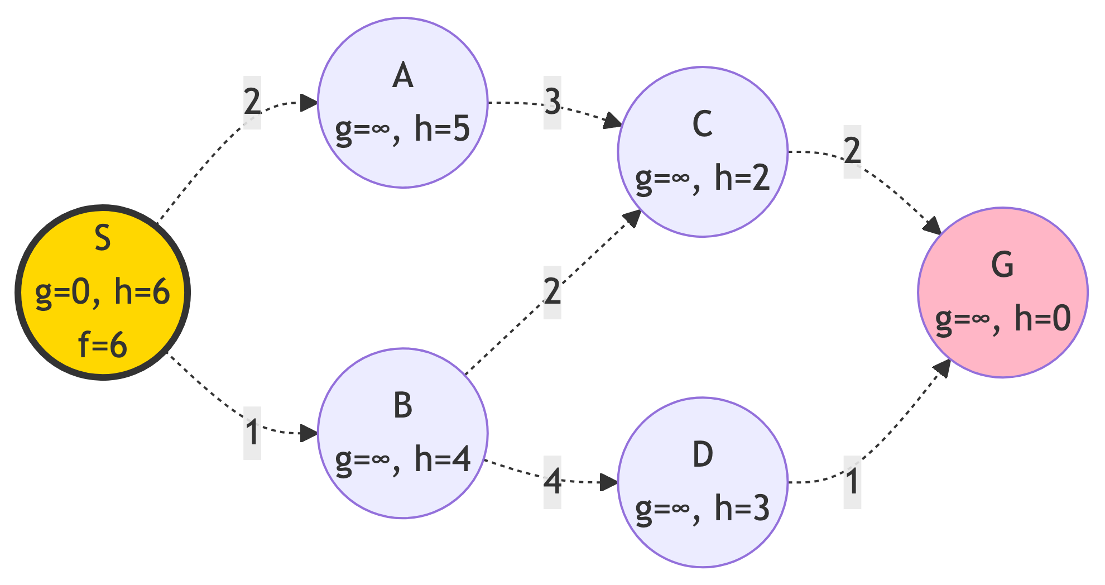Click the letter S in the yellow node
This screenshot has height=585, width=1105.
(103, 238)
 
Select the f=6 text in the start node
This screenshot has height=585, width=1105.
(103, 345)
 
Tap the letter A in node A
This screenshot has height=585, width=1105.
(403, 76)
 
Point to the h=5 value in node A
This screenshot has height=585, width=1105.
(442, 128)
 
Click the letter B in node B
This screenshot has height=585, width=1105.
(403, 406)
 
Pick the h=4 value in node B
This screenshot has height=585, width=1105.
(442, 459)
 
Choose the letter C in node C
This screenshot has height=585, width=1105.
(703, 124)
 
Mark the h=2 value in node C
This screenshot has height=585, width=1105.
(742, 178)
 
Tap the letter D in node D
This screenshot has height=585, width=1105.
(703, 455)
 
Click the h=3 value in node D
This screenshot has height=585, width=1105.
(742, 509)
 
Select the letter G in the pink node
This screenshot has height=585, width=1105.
(1002, 265)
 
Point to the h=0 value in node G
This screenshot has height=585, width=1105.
(1042, 319)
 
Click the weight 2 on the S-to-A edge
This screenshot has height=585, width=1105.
(252, 102)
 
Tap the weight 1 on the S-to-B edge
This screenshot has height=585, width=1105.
(252, 433)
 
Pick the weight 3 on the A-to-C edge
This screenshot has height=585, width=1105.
(552, 102)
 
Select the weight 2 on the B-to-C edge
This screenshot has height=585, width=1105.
(552, 291)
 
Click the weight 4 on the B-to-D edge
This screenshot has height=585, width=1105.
(552, 481)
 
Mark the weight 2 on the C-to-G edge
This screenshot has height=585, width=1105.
(852, 151)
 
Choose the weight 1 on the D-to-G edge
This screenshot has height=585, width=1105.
(852, 481)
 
